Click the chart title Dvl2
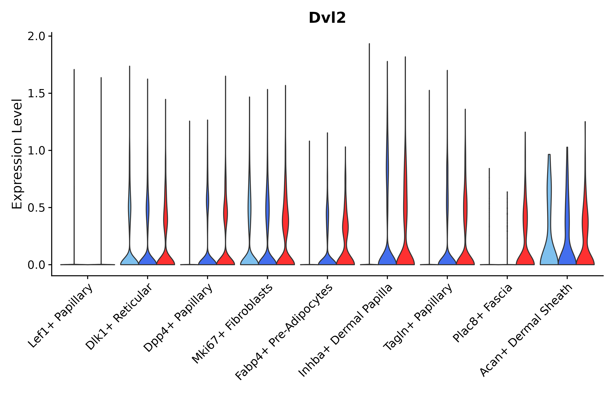[x=327, y=18]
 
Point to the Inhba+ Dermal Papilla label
[x=345, y=331]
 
